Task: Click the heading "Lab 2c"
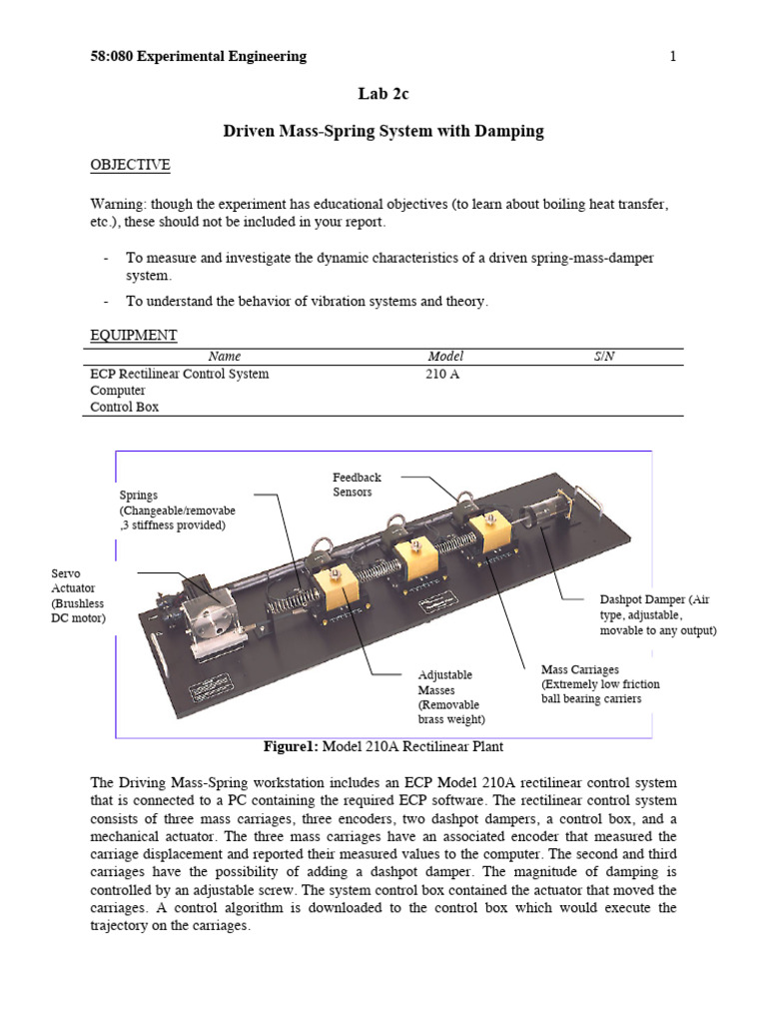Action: [x=383, y=94]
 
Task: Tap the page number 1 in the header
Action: [x=673, y=57]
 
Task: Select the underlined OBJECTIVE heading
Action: [x=130, y=165]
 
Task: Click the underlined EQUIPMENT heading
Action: [x=134, y=335]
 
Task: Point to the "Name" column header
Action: [x=224, y=357]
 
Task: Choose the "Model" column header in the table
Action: [x=445, y=357]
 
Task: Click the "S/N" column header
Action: [x=603, y=357]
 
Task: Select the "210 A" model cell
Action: [x=444, y=375]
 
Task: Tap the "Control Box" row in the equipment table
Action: [x=124, y=408]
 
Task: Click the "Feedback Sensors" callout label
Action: [x=357, y=485]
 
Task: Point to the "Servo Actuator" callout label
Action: [x=77, y=595]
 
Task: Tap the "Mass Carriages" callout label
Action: [x=590, y=683]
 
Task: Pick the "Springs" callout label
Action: [x=177, y=510]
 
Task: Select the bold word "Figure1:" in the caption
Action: [x=289, y=746]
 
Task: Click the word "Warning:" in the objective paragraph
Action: [x=118, y=205]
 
